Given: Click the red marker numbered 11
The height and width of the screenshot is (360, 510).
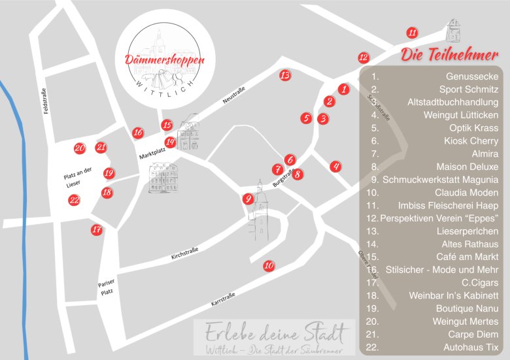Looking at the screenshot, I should (x=412, y=33).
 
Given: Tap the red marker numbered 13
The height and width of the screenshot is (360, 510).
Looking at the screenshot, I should (x=284, y=75).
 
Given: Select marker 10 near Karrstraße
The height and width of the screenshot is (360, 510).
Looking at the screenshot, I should (x=269, y=266).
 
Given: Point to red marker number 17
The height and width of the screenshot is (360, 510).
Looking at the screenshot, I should (x=97, y=229).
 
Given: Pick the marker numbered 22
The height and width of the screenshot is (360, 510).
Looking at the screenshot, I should (x=75, y=201).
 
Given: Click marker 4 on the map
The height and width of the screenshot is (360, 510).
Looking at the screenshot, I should (x=335, y=167).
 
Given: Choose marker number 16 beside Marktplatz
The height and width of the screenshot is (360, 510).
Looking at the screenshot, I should (x=138, y=133).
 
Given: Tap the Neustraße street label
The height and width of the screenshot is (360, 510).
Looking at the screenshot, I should (x=233, y=95).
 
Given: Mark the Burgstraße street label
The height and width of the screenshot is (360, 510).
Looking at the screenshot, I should (x=281, y=181).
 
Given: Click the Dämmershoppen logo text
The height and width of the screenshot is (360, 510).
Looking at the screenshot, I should (x=165, y=59).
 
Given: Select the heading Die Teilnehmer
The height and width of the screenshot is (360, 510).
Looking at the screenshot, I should (x=449, y=54).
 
